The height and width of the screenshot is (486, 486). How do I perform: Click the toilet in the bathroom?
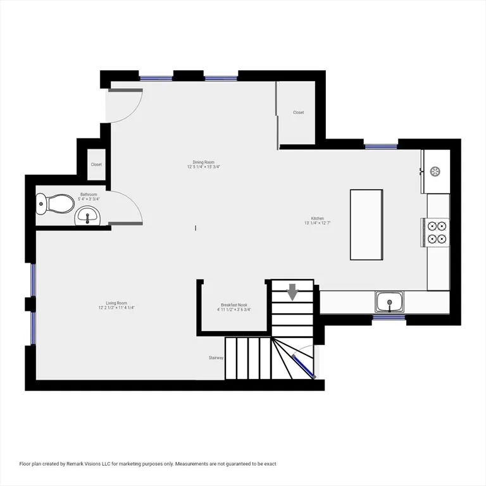point(55,203)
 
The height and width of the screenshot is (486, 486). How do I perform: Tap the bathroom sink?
point(87,218)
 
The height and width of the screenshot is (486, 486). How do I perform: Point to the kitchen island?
point(366,224)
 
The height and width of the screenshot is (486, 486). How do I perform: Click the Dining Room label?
point(203,165)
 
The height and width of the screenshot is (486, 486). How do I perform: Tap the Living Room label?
point(116,305)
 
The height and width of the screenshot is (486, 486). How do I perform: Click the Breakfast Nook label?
point(234,307)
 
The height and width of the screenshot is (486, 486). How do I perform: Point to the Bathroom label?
point(88,196)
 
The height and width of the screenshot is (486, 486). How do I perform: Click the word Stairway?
point(216,358)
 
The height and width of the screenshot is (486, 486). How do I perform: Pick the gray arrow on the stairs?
point(292,292)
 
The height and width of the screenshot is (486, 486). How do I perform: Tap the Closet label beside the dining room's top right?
point(298,113)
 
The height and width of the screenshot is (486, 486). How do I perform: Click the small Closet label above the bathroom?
point(96,165)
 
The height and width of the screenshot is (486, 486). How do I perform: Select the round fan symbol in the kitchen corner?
point(435,171)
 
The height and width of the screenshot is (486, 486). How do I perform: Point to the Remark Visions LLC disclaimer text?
point(148,464)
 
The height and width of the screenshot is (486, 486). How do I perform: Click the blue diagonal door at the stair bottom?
point(303,366)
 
